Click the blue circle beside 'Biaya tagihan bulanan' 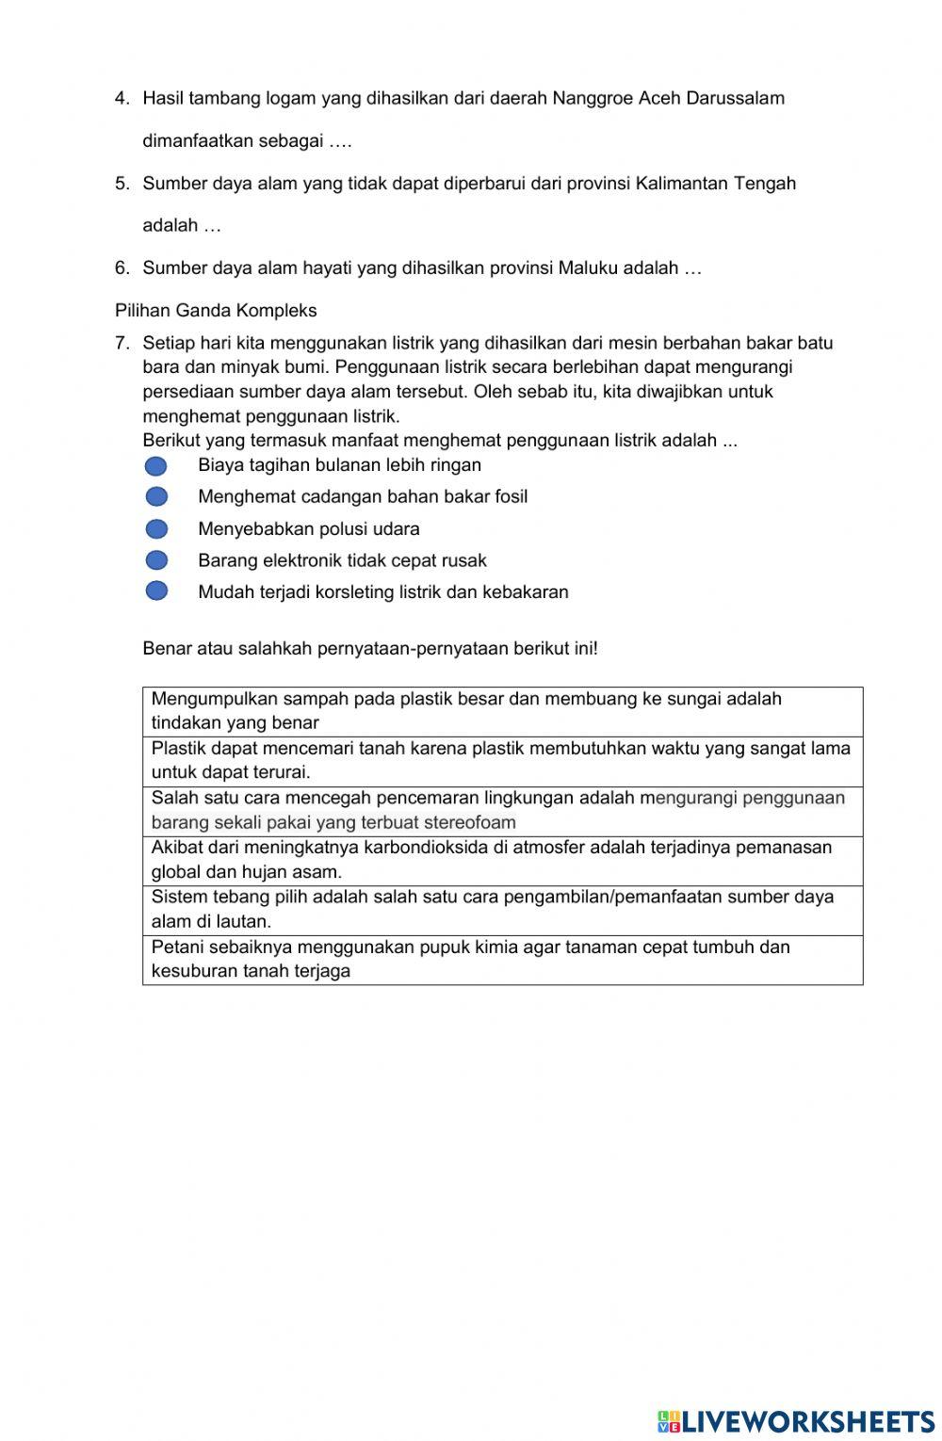156,465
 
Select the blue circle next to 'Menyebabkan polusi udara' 156,529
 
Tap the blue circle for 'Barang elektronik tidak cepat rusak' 156,560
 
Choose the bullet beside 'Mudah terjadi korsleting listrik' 156,591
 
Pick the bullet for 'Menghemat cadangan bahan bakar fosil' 156,496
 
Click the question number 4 122,98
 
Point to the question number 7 122,343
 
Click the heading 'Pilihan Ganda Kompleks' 216,310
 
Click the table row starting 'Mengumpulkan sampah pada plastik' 502,711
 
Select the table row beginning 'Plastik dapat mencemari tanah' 502,761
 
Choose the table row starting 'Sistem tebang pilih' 502,909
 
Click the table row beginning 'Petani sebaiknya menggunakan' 502,959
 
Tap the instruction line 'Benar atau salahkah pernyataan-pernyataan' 369,648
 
